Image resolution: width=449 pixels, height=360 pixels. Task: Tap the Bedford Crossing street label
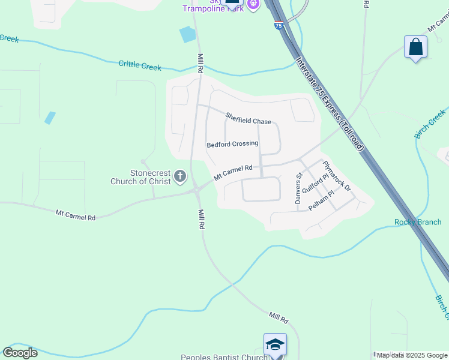(232, 144)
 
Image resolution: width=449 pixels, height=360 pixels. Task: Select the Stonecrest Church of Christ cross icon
(179, 177)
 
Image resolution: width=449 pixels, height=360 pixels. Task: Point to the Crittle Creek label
(140, 65)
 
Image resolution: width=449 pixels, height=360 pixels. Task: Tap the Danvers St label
(298, 189)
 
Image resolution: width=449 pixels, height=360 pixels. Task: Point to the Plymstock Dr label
(336, 176)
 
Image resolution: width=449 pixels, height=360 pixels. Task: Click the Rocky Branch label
(418, 222)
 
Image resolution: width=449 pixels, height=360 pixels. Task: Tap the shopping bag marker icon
(415, 47)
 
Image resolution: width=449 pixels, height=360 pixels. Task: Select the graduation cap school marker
(275, 344)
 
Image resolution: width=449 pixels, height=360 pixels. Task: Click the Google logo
(20, 353)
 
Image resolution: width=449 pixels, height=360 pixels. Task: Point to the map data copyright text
(412, 355)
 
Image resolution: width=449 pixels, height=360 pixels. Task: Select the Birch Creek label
(430, 124)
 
